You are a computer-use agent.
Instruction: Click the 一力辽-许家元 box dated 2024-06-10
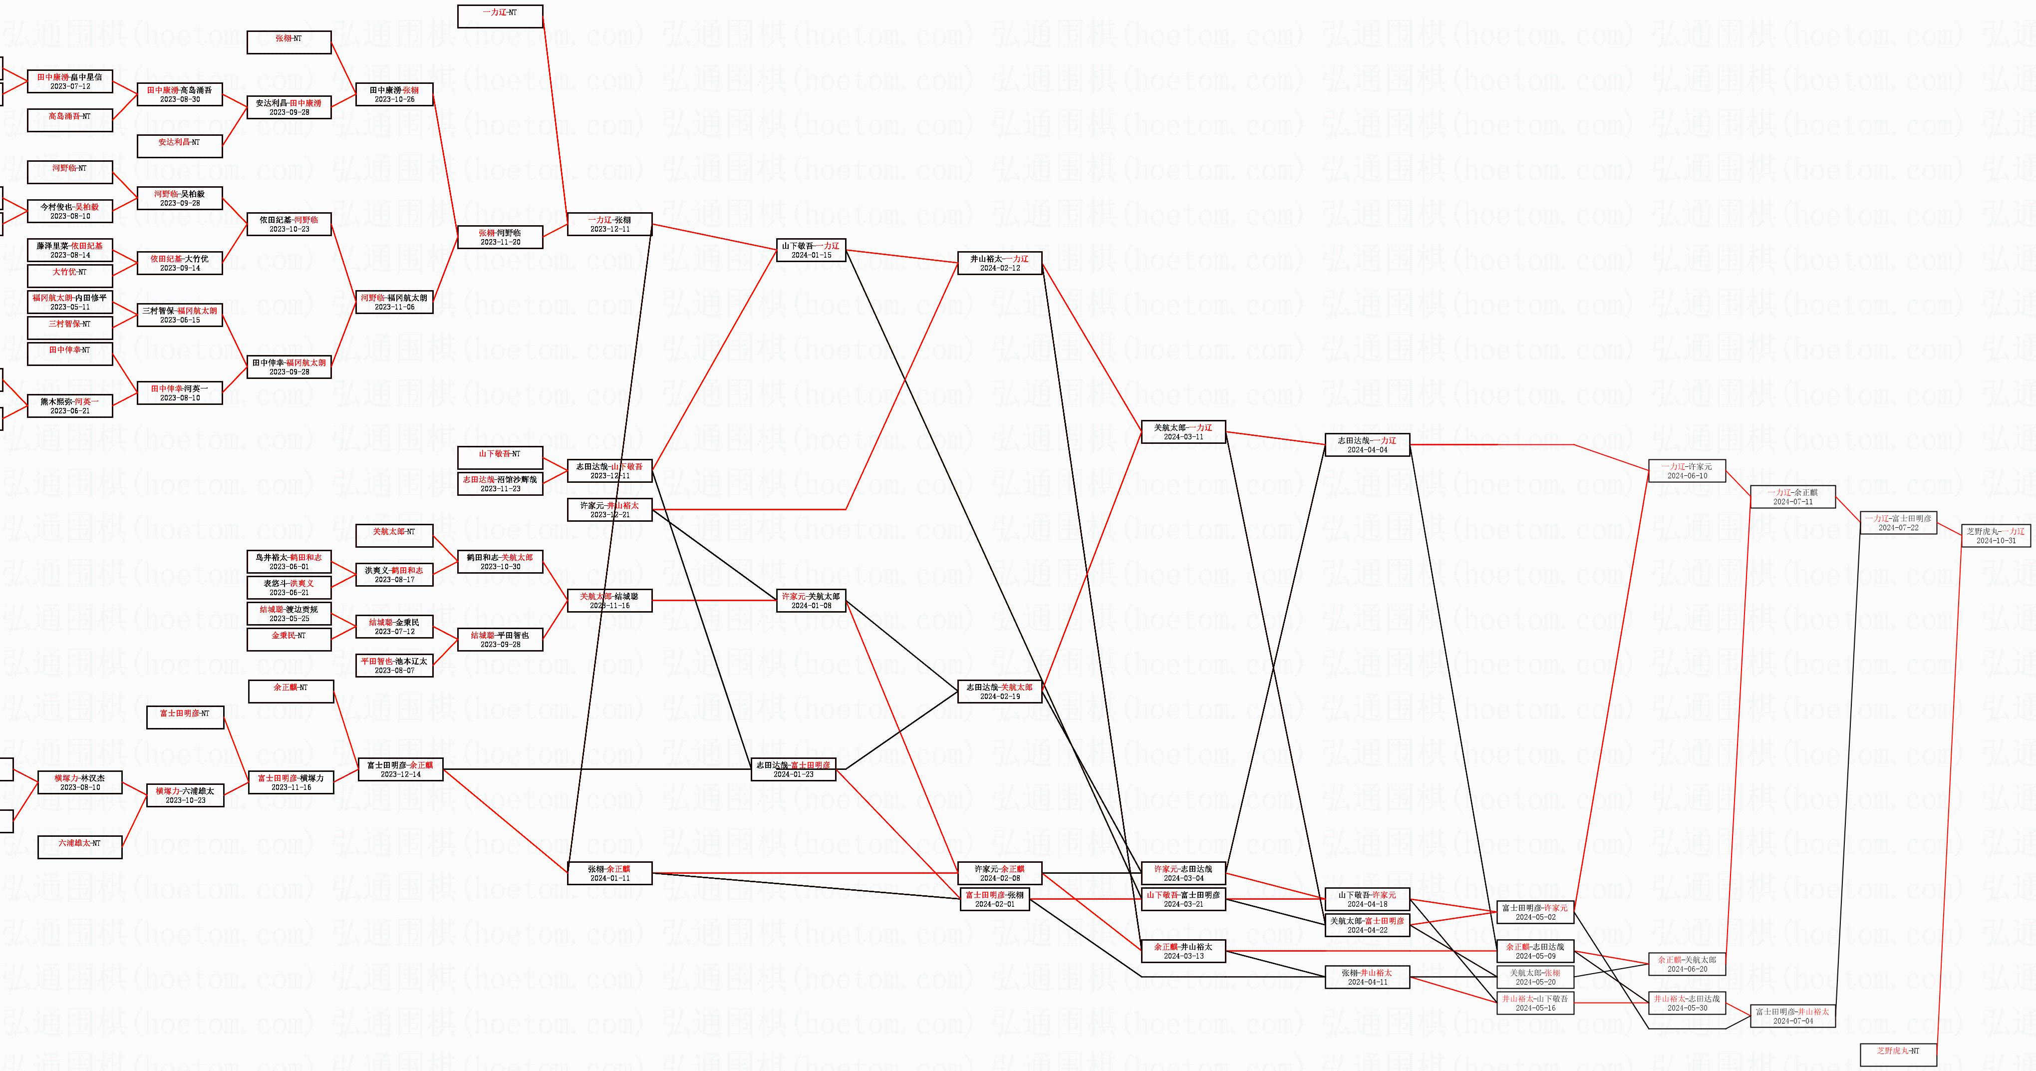tap(1687, 471)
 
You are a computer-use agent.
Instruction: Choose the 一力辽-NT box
tap(500, 16)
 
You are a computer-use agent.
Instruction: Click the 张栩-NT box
tap(289, 42)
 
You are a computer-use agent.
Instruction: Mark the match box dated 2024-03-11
tap(1183, 431)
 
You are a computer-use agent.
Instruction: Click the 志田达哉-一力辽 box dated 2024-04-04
tap(1367, 445)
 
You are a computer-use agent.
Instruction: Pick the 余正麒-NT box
tap(291, 691)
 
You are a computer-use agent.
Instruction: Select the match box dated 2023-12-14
tap(401, 769)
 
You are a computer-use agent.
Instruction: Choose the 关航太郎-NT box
tap(394, 535)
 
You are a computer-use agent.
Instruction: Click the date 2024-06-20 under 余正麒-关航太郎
tap(1687, 969)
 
